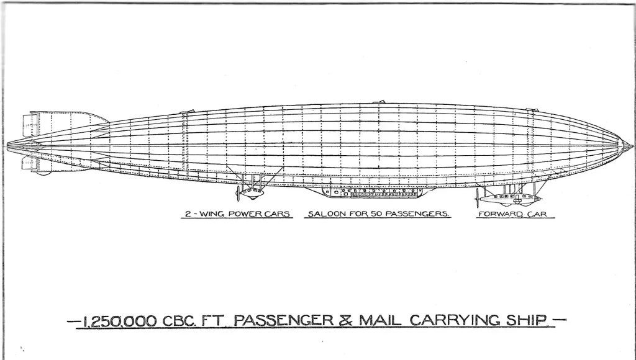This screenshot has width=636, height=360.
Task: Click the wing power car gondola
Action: [252, 193]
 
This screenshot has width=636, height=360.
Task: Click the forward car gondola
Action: [509, 199]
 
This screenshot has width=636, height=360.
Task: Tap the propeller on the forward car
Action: [478, 197]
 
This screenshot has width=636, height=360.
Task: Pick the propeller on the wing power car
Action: [238, 193]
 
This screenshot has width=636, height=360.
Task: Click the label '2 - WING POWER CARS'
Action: [235, 215]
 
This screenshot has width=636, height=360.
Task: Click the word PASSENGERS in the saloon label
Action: [414, 215]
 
